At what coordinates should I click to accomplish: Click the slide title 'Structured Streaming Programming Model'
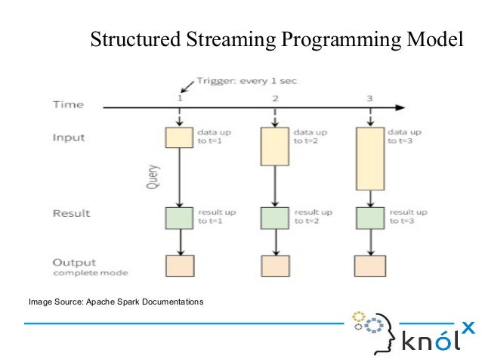[276, 39]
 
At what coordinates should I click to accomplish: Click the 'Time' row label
[68, 104]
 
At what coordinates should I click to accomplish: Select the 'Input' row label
[69, 138]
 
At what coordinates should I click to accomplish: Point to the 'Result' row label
[71, 213]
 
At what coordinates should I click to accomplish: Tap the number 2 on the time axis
[275, 99]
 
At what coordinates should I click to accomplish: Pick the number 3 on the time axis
[369, 99]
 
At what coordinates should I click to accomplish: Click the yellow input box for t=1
[180, 137]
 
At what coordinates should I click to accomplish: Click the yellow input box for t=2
[275, 146]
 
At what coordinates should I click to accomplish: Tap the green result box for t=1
[180, 218]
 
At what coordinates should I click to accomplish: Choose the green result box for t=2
[275, 218]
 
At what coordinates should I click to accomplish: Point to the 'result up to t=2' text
[312, 217]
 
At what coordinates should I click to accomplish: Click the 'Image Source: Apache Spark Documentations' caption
[116, 302]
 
